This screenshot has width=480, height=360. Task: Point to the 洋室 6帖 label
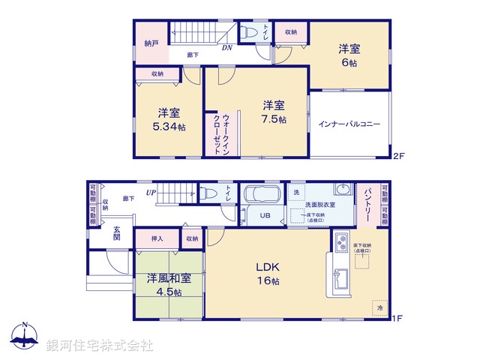tap(349, 55)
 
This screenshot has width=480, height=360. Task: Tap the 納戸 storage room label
tap(151, 43)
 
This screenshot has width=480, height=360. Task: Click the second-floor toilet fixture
tap(252, 32)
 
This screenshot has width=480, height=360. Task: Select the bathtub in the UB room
tap(261, 196)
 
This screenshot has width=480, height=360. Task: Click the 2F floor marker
tap(399, 157)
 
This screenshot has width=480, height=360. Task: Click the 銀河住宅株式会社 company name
tap(99, 345)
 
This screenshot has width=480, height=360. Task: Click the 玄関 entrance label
tap(118, 232)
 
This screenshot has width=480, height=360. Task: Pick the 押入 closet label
tap(159, 238)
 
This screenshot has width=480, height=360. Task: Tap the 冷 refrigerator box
tap(379, 307)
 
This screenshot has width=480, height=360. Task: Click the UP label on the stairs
tap(151, 193)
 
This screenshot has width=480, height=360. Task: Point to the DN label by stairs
tap(226, 48)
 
